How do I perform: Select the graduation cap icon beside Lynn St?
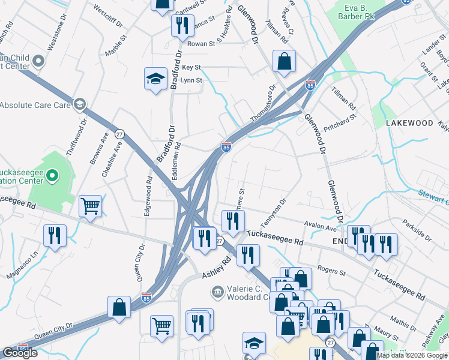(155, 79)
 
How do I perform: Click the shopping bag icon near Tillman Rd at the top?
(284, 62)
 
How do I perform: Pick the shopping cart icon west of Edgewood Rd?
(90, 206)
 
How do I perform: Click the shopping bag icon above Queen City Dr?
(119, 307)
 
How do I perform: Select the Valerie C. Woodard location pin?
(217, 292)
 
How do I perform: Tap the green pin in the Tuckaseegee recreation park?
(52, 176)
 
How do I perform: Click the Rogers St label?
(332, 272)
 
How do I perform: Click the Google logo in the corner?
(20, 353)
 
